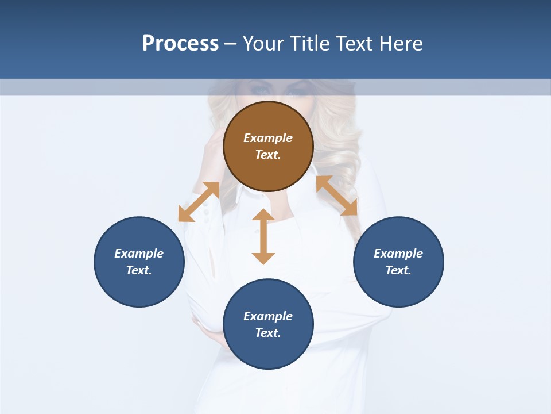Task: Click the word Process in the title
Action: click(180, 44)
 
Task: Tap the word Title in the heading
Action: click(311, 44)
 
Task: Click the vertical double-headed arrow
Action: click(263, 236)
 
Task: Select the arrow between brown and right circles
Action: click(337, 195)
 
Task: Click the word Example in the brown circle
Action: click(268, 138)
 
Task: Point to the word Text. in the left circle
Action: click(139, 270)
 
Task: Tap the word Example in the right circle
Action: click(398, 254)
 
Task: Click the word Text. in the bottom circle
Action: click(268, 333)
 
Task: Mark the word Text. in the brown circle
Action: click(268, 155)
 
